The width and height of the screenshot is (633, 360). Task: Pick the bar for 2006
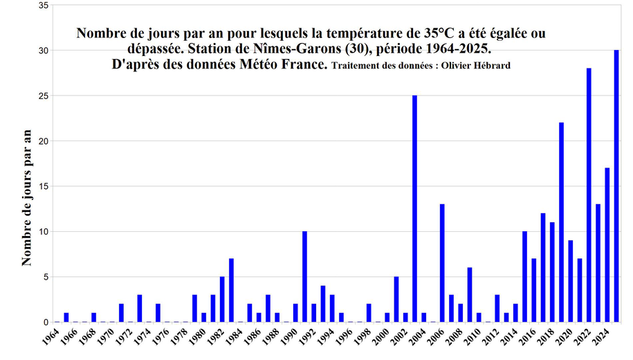tap(442, 263)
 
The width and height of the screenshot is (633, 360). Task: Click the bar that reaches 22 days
tap(562, 222)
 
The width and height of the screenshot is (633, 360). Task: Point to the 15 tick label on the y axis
tap(43, 186)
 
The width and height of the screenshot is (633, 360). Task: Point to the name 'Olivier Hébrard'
tap(477, 65)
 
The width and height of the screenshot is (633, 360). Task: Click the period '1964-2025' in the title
tap(463, 51)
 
